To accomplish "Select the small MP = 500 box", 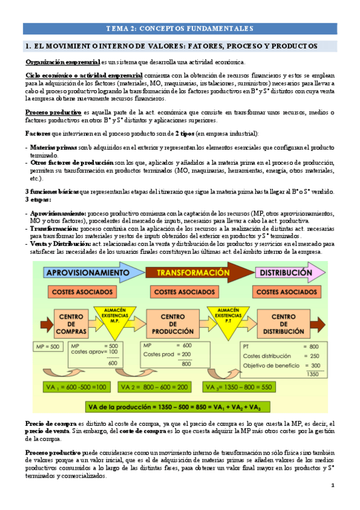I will point(47,346).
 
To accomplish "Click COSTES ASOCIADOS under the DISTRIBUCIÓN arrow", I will point(287,292).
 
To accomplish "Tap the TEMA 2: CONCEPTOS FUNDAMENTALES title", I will point(179,28).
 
